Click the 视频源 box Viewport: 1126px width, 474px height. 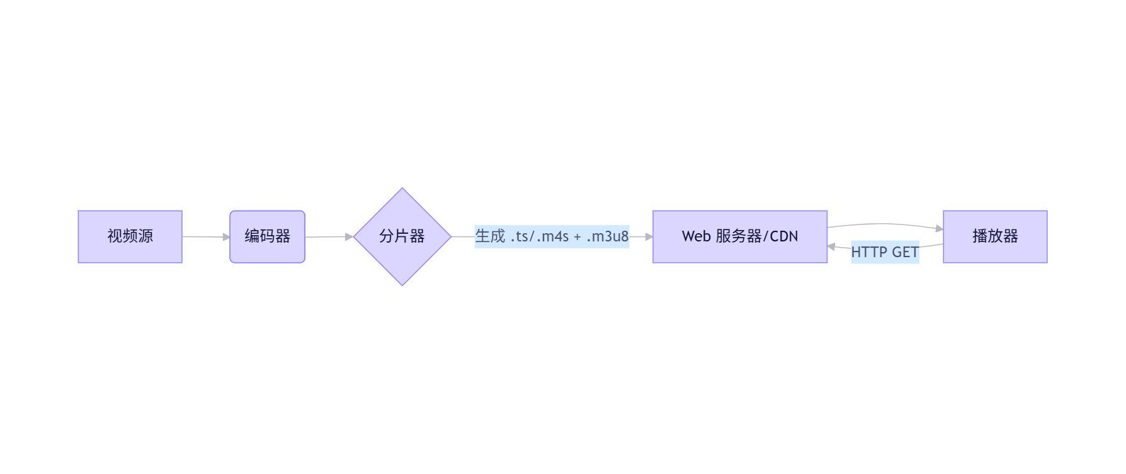(130, 236)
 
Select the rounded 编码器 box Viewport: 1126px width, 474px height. (267, 236)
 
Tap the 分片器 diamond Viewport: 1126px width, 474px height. (402, 236)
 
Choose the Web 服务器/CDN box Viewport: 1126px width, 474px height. (739, 236)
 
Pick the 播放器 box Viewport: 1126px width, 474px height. (994, 236)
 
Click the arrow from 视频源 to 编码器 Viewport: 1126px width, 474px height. (205, 237)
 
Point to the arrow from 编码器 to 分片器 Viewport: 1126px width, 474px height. (327, 237)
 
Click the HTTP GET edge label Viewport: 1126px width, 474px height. (884, 252)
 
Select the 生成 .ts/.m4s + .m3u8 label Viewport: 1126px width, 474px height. (552, 236)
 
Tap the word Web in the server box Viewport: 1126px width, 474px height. (696, 236)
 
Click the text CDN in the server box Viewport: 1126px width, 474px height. (784, 236)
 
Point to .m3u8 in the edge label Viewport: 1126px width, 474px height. (607, 236)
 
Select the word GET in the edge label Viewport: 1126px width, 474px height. (905, 252)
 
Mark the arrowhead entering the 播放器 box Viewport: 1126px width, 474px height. (940, 229)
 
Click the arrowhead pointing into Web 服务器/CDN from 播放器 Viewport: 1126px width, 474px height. (831, 246)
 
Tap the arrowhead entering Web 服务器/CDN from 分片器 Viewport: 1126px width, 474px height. (649, 237)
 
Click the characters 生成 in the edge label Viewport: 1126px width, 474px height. (490, 236)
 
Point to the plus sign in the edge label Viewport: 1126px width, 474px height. (577, 237)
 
